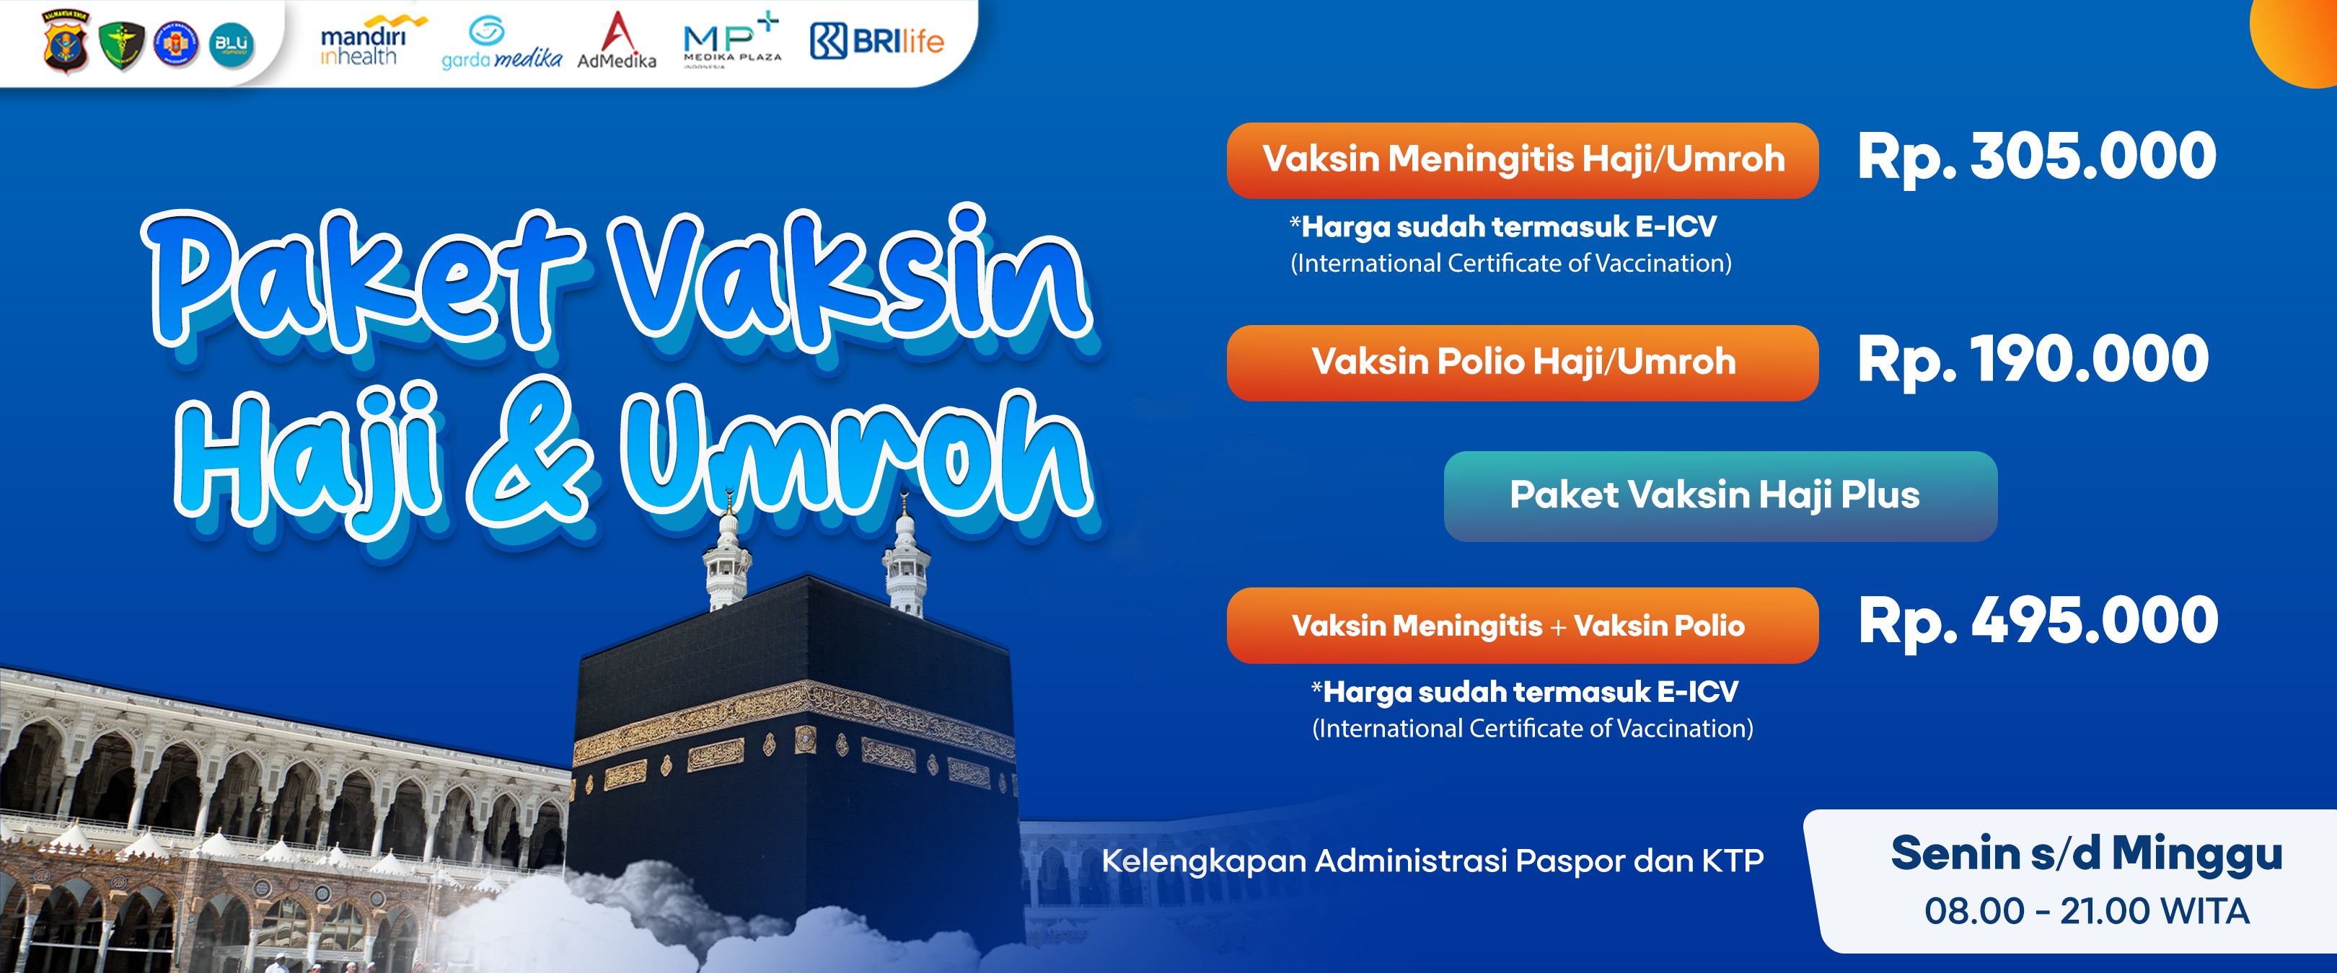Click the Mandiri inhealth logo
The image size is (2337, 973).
(372, 42)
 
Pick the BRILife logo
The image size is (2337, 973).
(876, 41)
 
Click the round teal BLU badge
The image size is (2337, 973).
(232, 45)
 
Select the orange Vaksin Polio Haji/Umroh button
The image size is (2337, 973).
(1523, 363)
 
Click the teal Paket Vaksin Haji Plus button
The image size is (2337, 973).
(1720, 496)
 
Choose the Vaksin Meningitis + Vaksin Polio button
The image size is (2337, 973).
(1523, 626)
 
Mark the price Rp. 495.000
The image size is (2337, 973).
(2038, 622)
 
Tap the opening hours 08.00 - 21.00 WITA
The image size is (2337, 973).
(2087, 911)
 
